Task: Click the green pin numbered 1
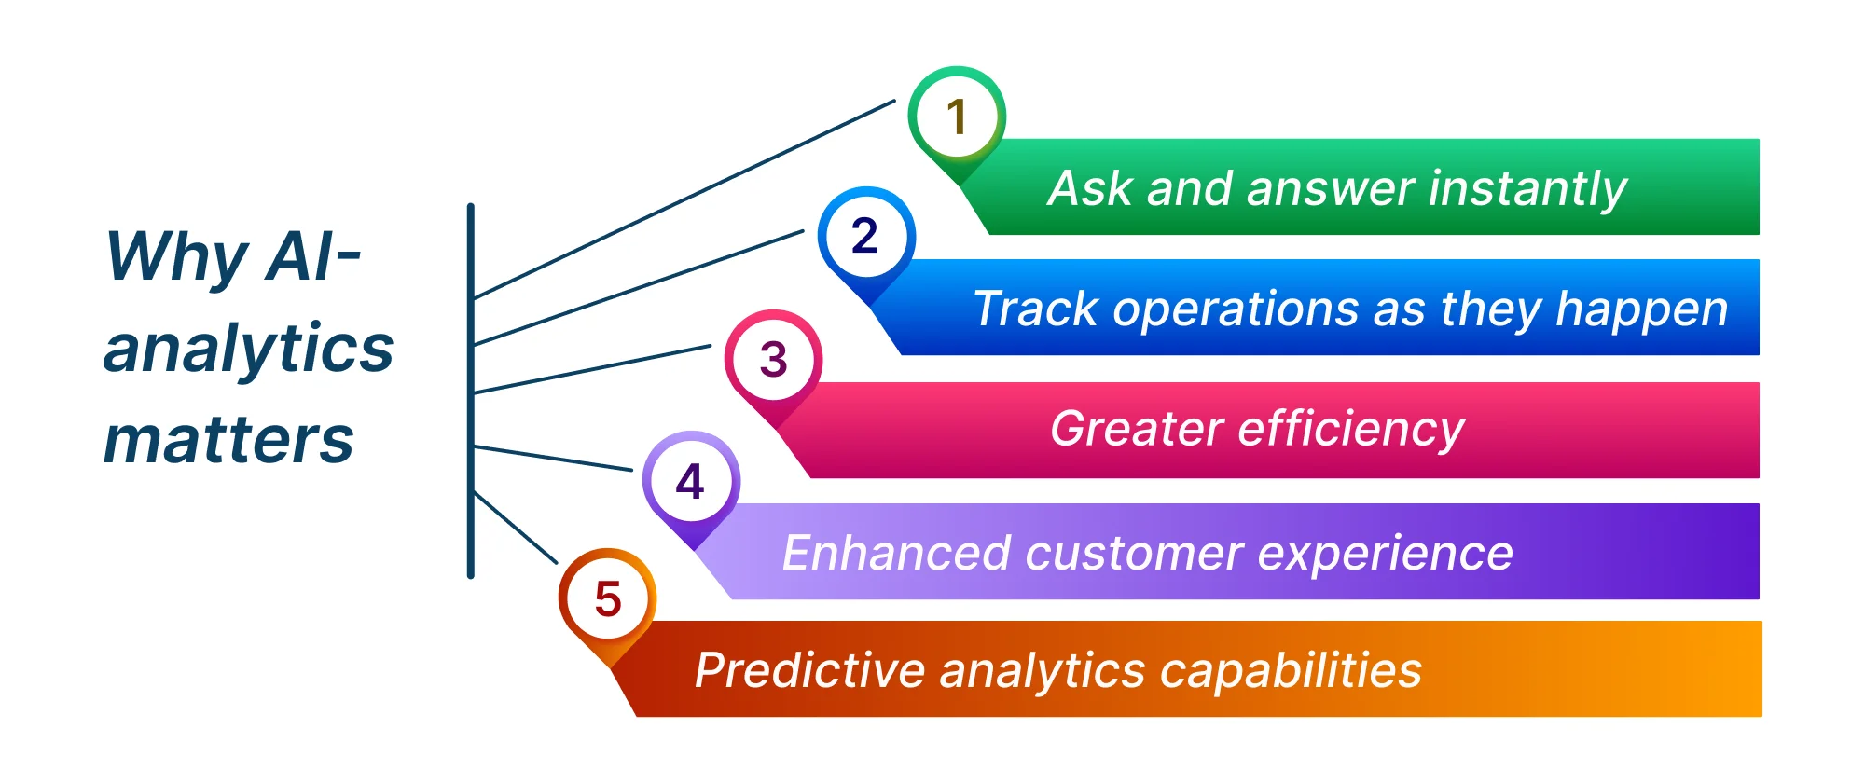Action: [957, 117]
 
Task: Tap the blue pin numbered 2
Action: [865, 236]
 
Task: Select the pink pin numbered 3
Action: [773, 359]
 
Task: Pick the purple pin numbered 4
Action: [690, 481]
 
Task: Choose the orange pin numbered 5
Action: [607, 598]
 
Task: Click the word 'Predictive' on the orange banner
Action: [808, 670]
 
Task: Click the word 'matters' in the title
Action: [229, 440]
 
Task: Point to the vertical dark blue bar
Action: [471, 391]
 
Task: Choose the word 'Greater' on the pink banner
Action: [1135, 429]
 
